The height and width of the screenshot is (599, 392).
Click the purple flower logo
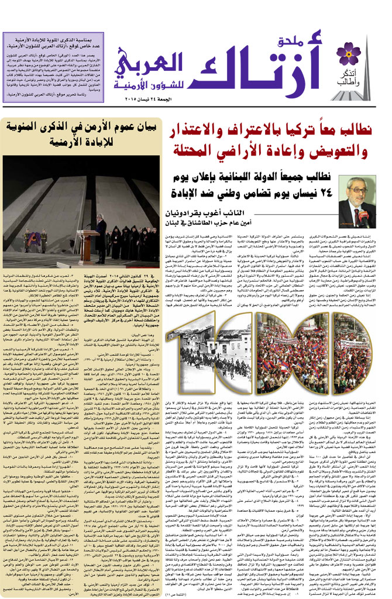point(349,53)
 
